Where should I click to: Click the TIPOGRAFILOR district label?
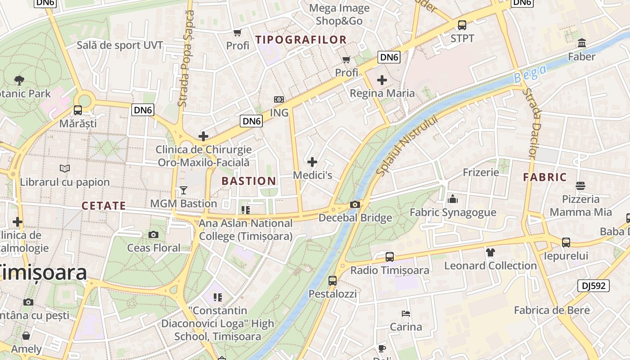[301, 40]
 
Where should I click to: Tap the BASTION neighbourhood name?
[249, 181]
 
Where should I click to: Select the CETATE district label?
[103, 206]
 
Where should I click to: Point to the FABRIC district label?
[544, 177]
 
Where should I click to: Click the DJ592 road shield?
[593, 285]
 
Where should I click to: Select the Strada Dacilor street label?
[534, 123]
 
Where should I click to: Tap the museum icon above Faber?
[581, 43]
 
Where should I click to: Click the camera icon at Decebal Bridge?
[355, 205]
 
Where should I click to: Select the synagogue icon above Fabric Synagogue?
[452, 198]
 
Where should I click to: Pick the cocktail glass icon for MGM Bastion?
[183, 190]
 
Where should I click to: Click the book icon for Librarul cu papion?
[65, 168]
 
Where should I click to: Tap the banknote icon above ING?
[279, 99]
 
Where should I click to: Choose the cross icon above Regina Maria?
[382, 80]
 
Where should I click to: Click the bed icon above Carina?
[405, 313]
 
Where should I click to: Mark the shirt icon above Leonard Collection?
[490, 252]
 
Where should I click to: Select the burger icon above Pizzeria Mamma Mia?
[580, 185]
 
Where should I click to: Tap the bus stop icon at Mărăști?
[78, 110]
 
